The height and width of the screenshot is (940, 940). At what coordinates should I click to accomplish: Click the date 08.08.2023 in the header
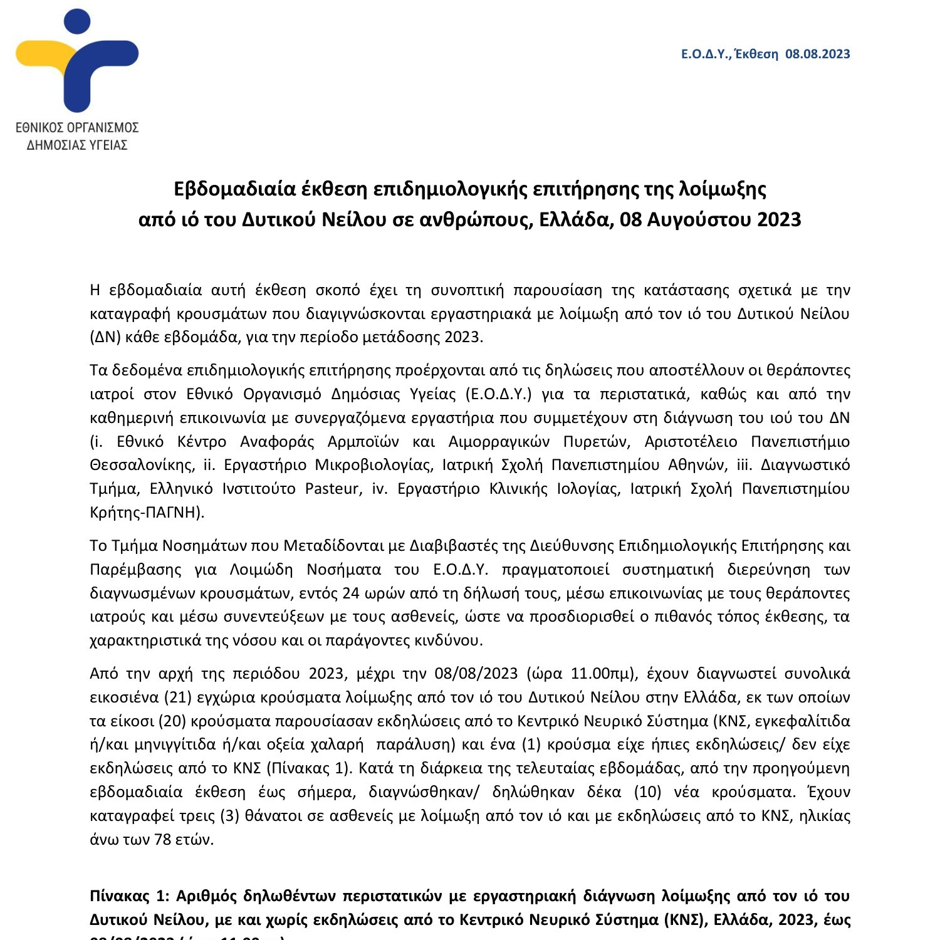[x=818, y=54]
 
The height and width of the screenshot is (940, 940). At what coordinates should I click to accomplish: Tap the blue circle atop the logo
[x=76, y=23]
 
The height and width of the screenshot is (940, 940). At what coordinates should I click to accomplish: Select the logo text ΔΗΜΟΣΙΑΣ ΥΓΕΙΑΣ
[x=77, y=145]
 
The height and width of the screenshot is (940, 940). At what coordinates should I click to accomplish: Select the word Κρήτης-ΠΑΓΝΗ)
[x=147, y=512]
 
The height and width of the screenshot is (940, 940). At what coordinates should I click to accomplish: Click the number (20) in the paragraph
[x=172, y=721]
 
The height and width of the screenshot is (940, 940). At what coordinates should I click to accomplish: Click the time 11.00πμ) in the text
[x=604, y=673]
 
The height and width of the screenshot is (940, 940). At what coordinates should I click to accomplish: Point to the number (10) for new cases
[x=648, y=791]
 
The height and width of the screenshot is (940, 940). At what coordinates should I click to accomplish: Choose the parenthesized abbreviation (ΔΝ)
[x=104, y=337]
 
